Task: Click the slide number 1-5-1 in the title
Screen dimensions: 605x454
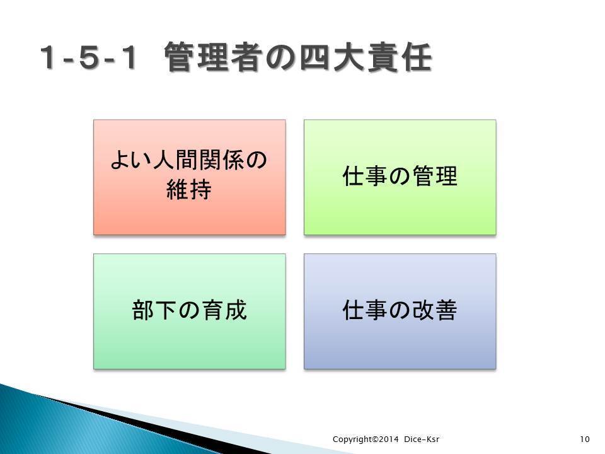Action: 88,57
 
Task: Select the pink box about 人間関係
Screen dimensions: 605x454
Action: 190,177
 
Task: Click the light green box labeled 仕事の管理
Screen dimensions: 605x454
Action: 400,177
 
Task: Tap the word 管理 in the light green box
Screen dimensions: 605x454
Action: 434,176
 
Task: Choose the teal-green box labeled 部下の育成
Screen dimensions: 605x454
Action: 190,311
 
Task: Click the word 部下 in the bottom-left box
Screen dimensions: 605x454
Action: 154,310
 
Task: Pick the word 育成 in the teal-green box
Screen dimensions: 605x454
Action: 224,310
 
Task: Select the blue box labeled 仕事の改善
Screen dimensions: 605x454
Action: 400,311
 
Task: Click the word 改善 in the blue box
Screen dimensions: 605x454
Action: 434,310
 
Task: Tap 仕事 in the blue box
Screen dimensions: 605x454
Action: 365,310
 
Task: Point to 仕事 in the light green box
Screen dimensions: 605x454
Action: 365,176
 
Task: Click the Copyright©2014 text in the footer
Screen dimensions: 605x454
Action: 366,439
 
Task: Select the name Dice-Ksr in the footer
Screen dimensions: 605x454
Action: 422,439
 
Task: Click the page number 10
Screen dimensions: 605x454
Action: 585,439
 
